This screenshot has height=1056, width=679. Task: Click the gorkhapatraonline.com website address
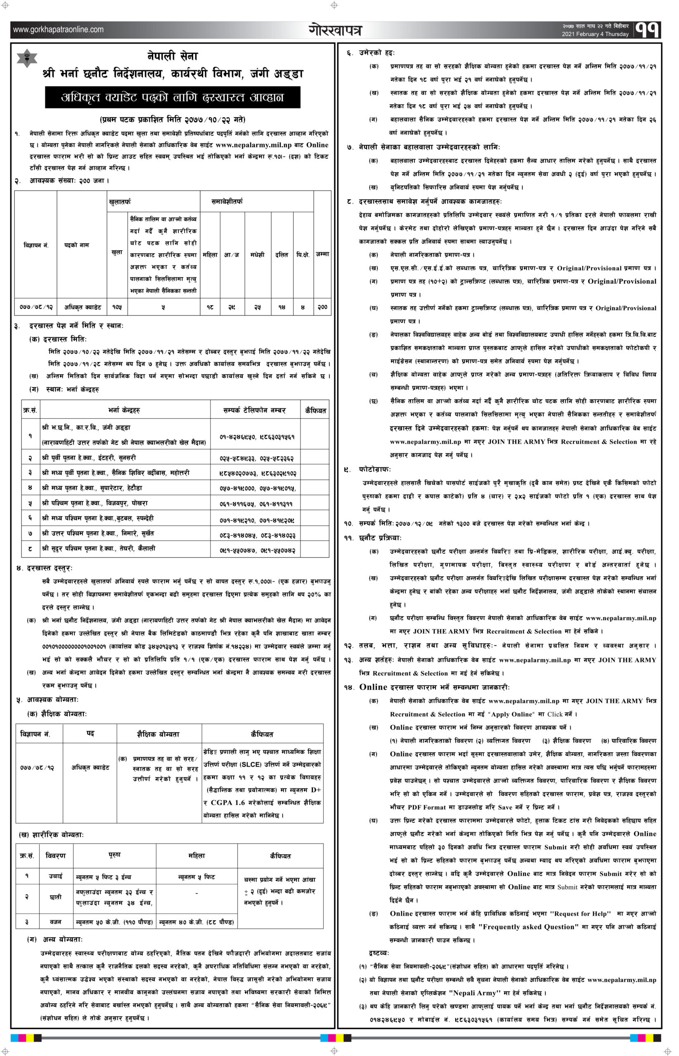click(x=58, y=30)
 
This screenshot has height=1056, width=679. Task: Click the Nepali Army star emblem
click(x=27, y=58)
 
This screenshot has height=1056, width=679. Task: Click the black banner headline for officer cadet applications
click(x=173, y=97)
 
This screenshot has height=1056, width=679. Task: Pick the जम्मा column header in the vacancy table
click(x=322, y=254)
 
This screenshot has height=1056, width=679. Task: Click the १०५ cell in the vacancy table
click(x=117, y=306)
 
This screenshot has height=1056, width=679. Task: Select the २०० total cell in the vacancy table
click(x=322, y=306)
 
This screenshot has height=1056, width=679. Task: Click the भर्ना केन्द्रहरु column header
click(x=124, y=410)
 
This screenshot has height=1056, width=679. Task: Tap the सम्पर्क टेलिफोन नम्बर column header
click(x=254, y=410)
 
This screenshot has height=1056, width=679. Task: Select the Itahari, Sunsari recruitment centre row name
click(x=89, y=458)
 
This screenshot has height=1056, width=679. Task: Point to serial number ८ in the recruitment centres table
click(x=30, y=549)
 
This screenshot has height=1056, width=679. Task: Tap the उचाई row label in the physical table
click(x=56, y=876)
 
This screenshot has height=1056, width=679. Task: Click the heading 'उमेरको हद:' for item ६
click(x=376, y=53)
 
